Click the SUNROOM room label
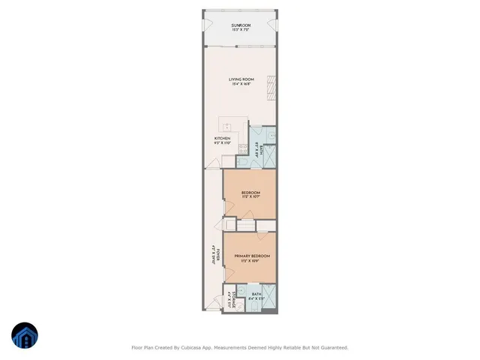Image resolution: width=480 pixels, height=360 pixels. click(240, 25)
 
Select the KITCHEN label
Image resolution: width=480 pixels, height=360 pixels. click(222, 139)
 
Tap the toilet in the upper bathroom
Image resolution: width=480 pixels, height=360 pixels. click(243, 160)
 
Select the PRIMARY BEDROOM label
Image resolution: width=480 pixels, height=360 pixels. click(251, 256)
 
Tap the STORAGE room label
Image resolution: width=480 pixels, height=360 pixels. click(235, 298)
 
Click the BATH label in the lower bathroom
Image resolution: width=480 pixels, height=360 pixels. click(256, 294)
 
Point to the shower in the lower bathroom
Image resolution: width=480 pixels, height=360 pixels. click(271, 299)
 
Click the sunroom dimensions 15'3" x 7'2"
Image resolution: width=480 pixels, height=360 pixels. click(240, 31)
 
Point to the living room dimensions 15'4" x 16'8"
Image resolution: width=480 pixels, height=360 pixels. click(240, 84)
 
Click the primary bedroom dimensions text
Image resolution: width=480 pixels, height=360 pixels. click(251, 261)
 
